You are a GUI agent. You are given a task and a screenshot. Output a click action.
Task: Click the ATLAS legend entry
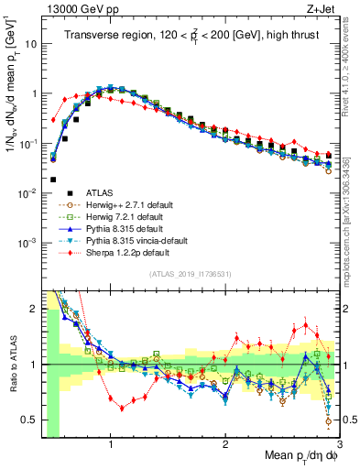(100, 193)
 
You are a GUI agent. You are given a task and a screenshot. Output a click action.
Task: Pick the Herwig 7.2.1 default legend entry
(119, 217)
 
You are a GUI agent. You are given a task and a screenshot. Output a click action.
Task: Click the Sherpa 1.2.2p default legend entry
(117, 253)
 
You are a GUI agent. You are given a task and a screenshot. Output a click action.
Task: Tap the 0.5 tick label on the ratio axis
(28, 420)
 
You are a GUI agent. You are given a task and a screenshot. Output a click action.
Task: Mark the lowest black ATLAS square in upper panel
(53, 180)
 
